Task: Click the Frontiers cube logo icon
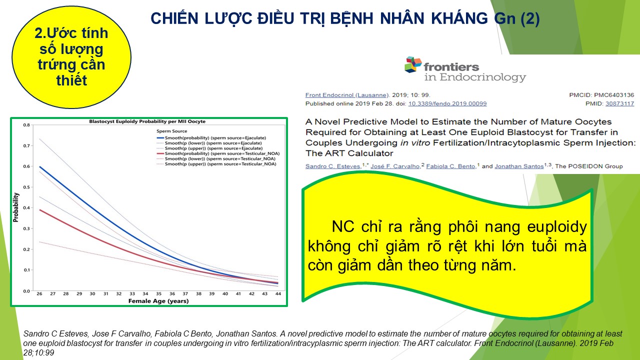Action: pos(413,64)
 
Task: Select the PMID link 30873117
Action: pos(619,103)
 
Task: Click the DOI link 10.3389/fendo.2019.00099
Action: pos(447,103)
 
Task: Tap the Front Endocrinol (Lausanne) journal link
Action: pos(347,95)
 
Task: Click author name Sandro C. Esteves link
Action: pos(333,166)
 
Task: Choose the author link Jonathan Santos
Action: pos(519,166)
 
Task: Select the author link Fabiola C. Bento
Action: pos(450,166)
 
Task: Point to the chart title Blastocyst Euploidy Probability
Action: pos(147,121)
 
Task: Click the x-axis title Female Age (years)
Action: pos(158,301)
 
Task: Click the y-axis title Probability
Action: pos(15,207)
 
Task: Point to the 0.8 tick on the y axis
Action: pos(26,125)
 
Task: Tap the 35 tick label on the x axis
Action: pos(158,293)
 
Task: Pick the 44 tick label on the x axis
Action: pos(278,293)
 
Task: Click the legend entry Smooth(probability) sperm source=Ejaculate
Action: pos(211,137)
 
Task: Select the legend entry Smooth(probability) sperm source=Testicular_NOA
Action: pos(218,153)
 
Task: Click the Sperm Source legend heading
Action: pos(171,131)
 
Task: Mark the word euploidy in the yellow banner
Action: pos(557,227)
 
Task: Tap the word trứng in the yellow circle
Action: pos(55,65)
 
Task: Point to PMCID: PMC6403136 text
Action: pos(601,95)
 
